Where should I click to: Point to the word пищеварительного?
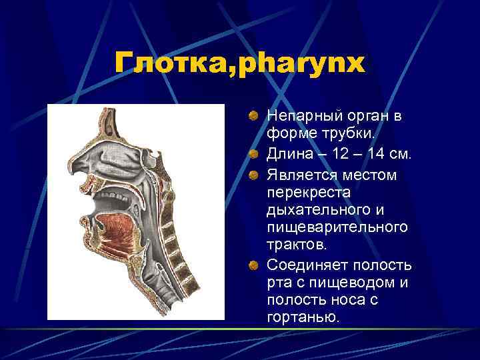(x=337, y=229)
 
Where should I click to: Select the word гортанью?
(x=303, y=318)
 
